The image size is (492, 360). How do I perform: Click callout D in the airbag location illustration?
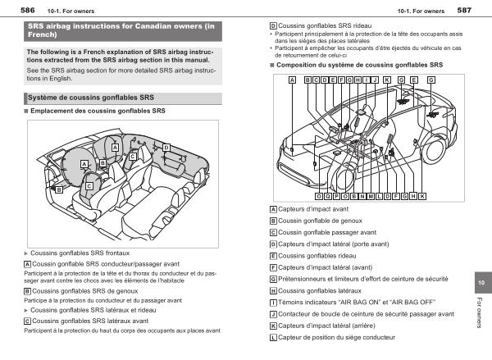166,148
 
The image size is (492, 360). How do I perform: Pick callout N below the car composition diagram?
363,197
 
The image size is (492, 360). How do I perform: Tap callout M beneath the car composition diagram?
372,197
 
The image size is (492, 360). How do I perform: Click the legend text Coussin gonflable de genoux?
322,221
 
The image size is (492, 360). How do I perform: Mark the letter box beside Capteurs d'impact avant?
273,209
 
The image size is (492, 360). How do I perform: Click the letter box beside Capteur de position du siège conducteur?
273,337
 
